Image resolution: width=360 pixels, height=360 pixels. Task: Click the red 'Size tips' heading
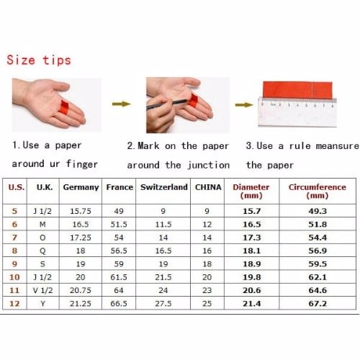(x=39, y=60)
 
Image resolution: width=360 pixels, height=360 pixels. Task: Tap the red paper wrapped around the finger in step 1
(x=64, y=107)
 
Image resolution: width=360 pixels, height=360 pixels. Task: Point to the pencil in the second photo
(x=166, y=104)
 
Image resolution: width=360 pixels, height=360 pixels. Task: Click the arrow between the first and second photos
(x=122, y=104)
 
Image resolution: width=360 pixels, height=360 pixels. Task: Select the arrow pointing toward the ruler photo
(x=244, y=104)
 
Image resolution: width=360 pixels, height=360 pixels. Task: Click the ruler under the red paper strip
(x=297, y=112)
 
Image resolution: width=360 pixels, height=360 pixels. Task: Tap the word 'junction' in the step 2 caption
(x=208, y=165)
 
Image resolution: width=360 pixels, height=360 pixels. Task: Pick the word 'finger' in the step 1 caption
(x=82, y=164)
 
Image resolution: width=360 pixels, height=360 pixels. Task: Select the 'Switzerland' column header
(x=164, y=187)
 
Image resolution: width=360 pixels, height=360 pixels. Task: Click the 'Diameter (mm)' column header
(x=251, y=192)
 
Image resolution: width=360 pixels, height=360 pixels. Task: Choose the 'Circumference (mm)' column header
(x=318, y=192)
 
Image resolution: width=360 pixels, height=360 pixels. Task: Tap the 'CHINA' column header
(x=208, y=187)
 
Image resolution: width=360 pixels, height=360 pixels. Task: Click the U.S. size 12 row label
(x=14, y=304)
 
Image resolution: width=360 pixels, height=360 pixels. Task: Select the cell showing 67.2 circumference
(x=318, y=304)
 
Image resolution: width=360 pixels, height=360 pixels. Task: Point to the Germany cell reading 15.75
(x=81, y=211)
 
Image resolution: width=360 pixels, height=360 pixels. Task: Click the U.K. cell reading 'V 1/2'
(x=42, y=290)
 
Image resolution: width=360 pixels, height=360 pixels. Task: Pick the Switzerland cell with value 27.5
(x=163, y=304)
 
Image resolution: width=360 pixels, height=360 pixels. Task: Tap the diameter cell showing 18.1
(x=251, y=251)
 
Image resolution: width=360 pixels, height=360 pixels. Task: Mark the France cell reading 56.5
(x=119, y=251)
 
